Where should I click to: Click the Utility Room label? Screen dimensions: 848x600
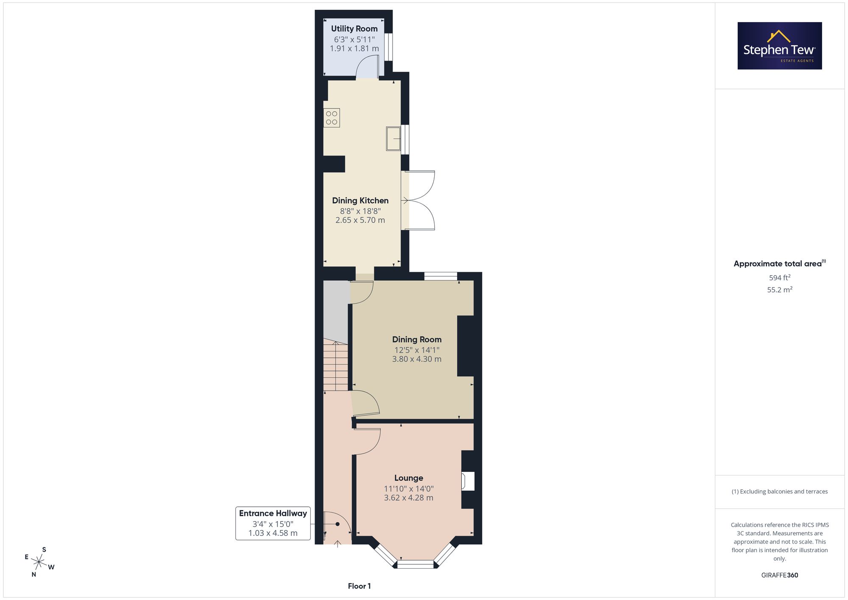tap(354, 29)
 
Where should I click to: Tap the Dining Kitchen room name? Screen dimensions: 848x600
tap(360, 201)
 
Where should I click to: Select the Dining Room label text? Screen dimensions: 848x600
tap(417, 339)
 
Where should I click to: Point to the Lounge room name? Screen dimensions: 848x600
tap(409, 478)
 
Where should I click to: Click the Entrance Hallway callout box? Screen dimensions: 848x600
tap(273, 523)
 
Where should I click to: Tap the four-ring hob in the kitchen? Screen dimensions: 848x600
tap(332, 118)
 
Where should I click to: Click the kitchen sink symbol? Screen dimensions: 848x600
tap(393, 138)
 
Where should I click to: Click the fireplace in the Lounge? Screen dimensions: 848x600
tap(468, 481)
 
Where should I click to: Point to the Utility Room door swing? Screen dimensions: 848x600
tap(367, 67)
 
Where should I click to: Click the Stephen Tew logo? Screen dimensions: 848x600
tap(780, 46)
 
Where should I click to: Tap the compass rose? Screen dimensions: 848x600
tap(39, 562)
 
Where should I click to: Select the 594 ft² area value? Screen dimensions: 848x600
tap(780, 278)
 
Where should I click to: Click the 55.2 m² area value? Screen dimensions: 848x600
tap(780, 290)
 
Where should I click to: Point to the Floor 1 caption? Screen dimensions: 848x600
tap(359, 586)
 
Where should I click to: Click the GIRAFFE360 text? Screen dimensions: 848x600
tap(780, 575)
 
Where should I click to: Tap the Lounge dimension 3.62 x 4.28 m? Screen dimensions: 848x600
tap(409, 498)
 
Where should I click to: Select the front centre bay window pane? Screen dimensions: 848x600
tap(416, 564)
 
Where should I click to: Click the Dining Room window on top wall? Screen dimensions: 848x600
tap(441, 276)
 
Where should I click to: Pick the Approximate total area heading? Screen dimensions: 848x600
tap(780, 263)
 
